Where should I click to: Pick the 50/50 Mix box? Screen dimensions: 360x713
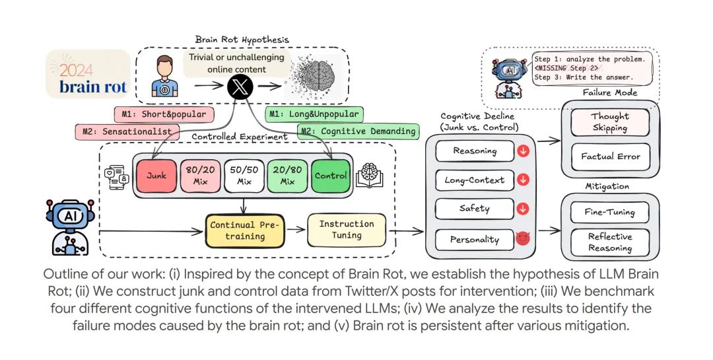point(243,176)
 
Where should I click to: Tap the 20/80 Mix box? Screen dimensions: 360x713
point(287,176)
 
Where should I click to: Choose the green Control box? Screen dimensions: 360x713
point(331,176)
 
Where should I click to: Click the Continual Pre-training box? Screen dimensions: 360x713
point(245,231)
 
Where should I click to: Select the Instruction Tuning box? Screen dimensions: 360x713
point(347,229)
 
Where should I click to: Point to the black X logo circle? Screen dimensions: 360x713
point(240,87)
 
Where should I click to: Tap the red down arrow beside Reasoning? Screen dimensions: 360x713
point(523,151)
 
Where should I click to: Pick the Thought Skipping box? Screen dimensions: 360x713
point(610,122)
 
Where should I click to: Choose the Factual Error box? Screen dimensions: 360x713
point(610,157)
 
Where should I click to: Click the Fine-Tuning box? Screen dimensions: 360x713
point(610,212)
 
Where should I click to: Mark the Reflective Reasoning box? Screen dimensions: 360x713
point(610,242)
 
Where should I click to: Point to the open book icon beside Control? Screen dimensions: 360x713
point(369,175)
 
